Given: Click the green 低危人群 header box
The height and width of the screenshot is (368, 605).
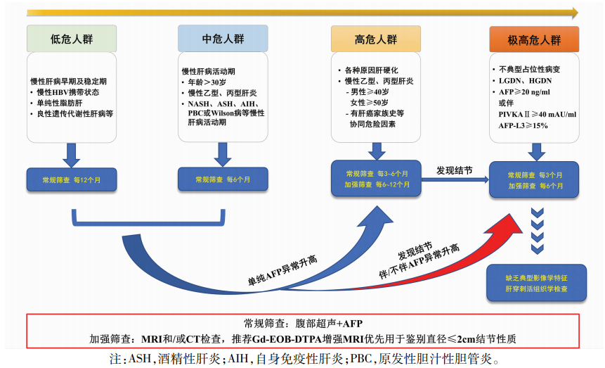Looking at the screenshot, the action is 72,39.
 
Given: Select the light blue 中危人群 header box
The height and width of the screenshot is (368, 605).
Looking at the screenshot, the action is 223,38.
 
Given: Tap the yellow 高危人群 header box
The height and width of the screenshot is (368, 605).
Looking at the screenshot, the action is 376,39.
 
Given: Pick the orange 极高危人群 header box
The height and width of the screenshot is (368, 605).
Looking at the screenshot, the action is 534,39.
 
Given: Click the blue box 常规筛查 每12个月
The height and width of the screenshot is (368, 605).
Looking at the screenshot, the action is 72,179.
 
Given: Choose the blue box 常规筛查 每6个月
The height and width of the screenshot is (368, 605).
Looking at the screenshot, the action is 223,179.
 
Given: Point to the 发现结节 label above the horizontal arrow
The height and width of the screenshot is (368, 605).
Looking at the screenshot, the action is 455,170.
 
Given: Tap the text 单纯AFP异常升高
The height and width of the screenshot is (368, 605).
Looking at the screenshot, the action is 282,270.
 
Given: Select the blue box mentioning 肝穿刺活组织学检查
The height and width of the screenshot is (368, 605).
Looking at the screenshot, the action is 536,284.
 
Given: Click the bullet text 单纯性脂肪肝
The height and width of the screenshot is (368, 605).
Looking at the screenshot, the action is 60,103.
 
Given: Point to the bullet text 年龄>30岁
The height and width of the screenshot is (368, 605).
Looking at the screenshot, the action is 207,82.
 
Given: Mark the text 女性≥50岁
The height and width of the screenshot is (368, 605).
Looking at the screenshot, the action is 369,103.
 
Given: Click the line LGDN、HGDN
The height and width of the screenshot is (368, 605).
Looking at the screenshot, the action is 525,81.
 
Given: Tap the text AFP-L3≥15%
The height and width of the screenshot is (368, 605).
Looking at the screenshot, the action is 523,126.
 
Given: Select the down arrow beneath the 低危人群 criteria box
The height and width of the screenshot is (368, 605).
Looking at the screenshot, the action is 72,155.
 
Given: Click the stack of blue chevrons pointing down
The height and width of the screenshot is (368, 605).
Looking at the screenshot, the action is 538,231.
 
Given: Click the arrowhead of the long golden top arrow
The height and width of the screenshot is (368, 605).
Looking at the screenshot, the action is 575,13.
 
